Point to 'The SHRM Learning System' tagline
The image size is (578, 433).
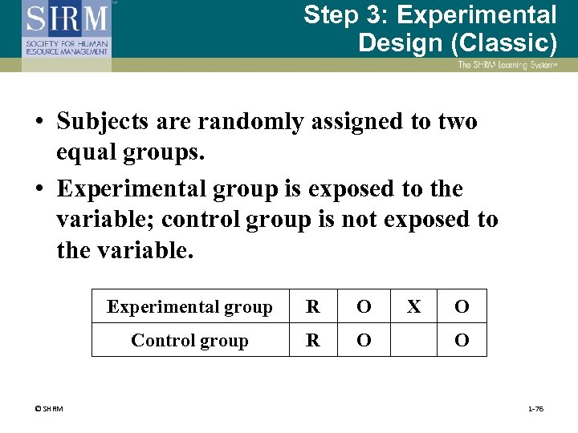[507, 65]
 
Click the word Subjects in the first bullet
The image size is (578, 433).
[104, 122]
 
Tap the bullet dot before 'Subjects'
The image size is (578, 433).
[39, 123]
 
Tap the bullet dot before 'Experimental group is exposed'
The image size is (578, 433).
[39, 190]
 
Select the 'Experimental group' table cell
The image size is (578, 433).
[190, 306]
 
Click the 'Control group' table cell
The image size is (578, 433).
[190, 340]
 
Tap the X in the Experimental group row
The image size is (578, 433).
[413, 306]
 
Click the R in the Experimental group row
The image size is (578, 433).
[313, 306]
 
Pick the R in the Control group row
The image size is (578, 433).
[313, 340]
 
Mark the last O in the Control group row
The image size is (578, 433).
[462, 340]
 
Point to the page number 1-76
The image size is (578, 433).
[535, 409]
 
